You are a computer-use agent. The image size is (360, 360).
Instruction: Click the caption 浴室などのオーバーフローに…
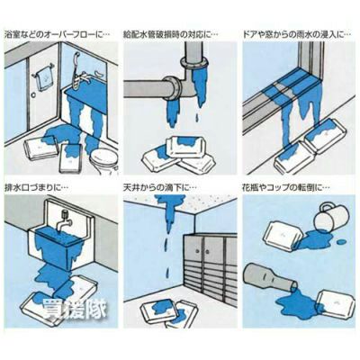coord(58,34)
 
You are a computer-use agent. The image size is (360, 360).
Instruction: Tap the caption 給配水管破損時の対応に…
coord(171,34)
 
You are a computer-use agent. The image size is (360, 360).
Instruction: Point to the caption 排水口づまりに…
coord(37,188)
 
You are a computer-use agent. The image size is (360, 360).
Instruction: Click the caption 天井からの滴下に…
coord(160,188)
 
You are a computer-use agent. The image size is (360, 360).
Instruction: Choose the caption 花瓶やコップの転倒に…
coord(286,188)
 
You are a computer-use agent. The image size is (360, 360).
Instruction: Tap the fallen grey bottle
coord(271,278)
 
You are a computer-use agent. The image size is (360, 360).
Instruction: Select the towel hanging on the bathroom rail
coord(42,77)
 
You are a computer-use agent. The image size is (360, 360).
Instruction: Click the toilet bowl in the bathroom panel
coord(104,160)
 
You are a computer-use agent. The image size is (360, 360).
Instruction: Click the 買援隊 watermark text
coord(75,309)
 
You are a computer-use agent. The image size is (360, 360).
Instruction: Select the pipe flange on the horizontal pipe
coord(173,89)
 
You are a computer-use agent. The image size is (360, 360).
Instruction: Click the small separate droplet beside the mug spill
coord(341,241)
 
